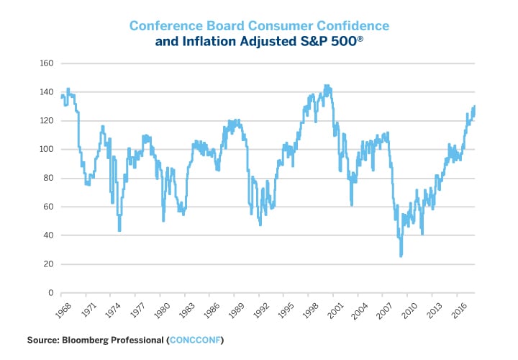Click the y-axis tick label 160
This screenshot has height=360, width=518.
[46, 63]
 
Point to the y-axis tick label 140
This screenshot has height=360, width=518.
[46, 92]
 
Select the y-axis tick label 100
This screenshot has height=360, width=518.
[46, 150]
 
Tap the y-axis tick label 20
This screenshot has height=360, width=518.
[48, 264]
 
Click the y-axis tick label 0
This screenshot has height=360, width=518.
[50, 293]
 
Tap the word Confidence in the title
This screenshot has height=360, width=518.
[351, 26]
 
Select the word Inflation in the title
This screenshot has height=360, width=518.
[210, 42]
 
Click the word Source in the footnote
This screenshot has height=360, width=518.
[45, 338]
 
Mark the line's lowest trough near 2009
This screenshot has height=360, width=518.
[401, 256]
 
